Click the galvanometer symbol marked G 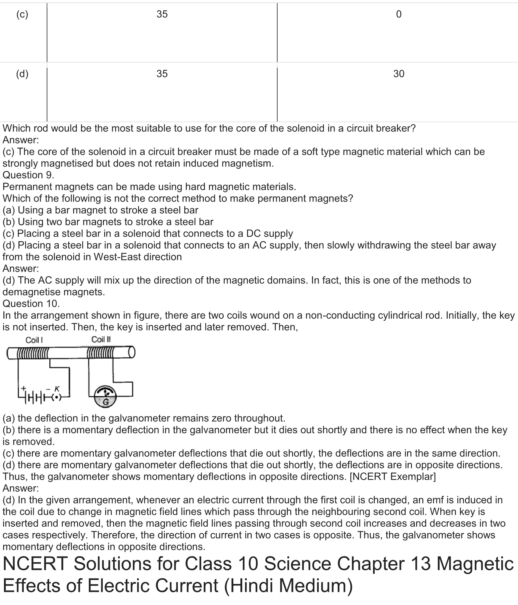(x=105, y=397)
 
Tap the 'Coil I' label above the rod (x=34, y=340)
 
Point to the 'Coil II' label (x=101, y=340)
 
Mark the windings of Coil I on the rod (x=33, y=353)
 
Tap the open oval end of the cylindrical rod (x=132, y=353)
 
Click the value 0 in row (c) (x=399, y=14)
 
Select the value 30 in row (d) (x=399, y=74)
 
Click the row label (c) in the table (x=22, y=14)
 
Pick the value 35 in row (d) (x=162, y=74)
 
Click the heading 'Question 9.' (x=28, y=175)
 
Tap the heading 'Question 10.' (x=31, y=304)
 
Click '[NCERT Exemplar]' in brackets (x=392, y=476)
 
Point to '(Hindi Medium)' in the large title (x=288, y=585)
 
